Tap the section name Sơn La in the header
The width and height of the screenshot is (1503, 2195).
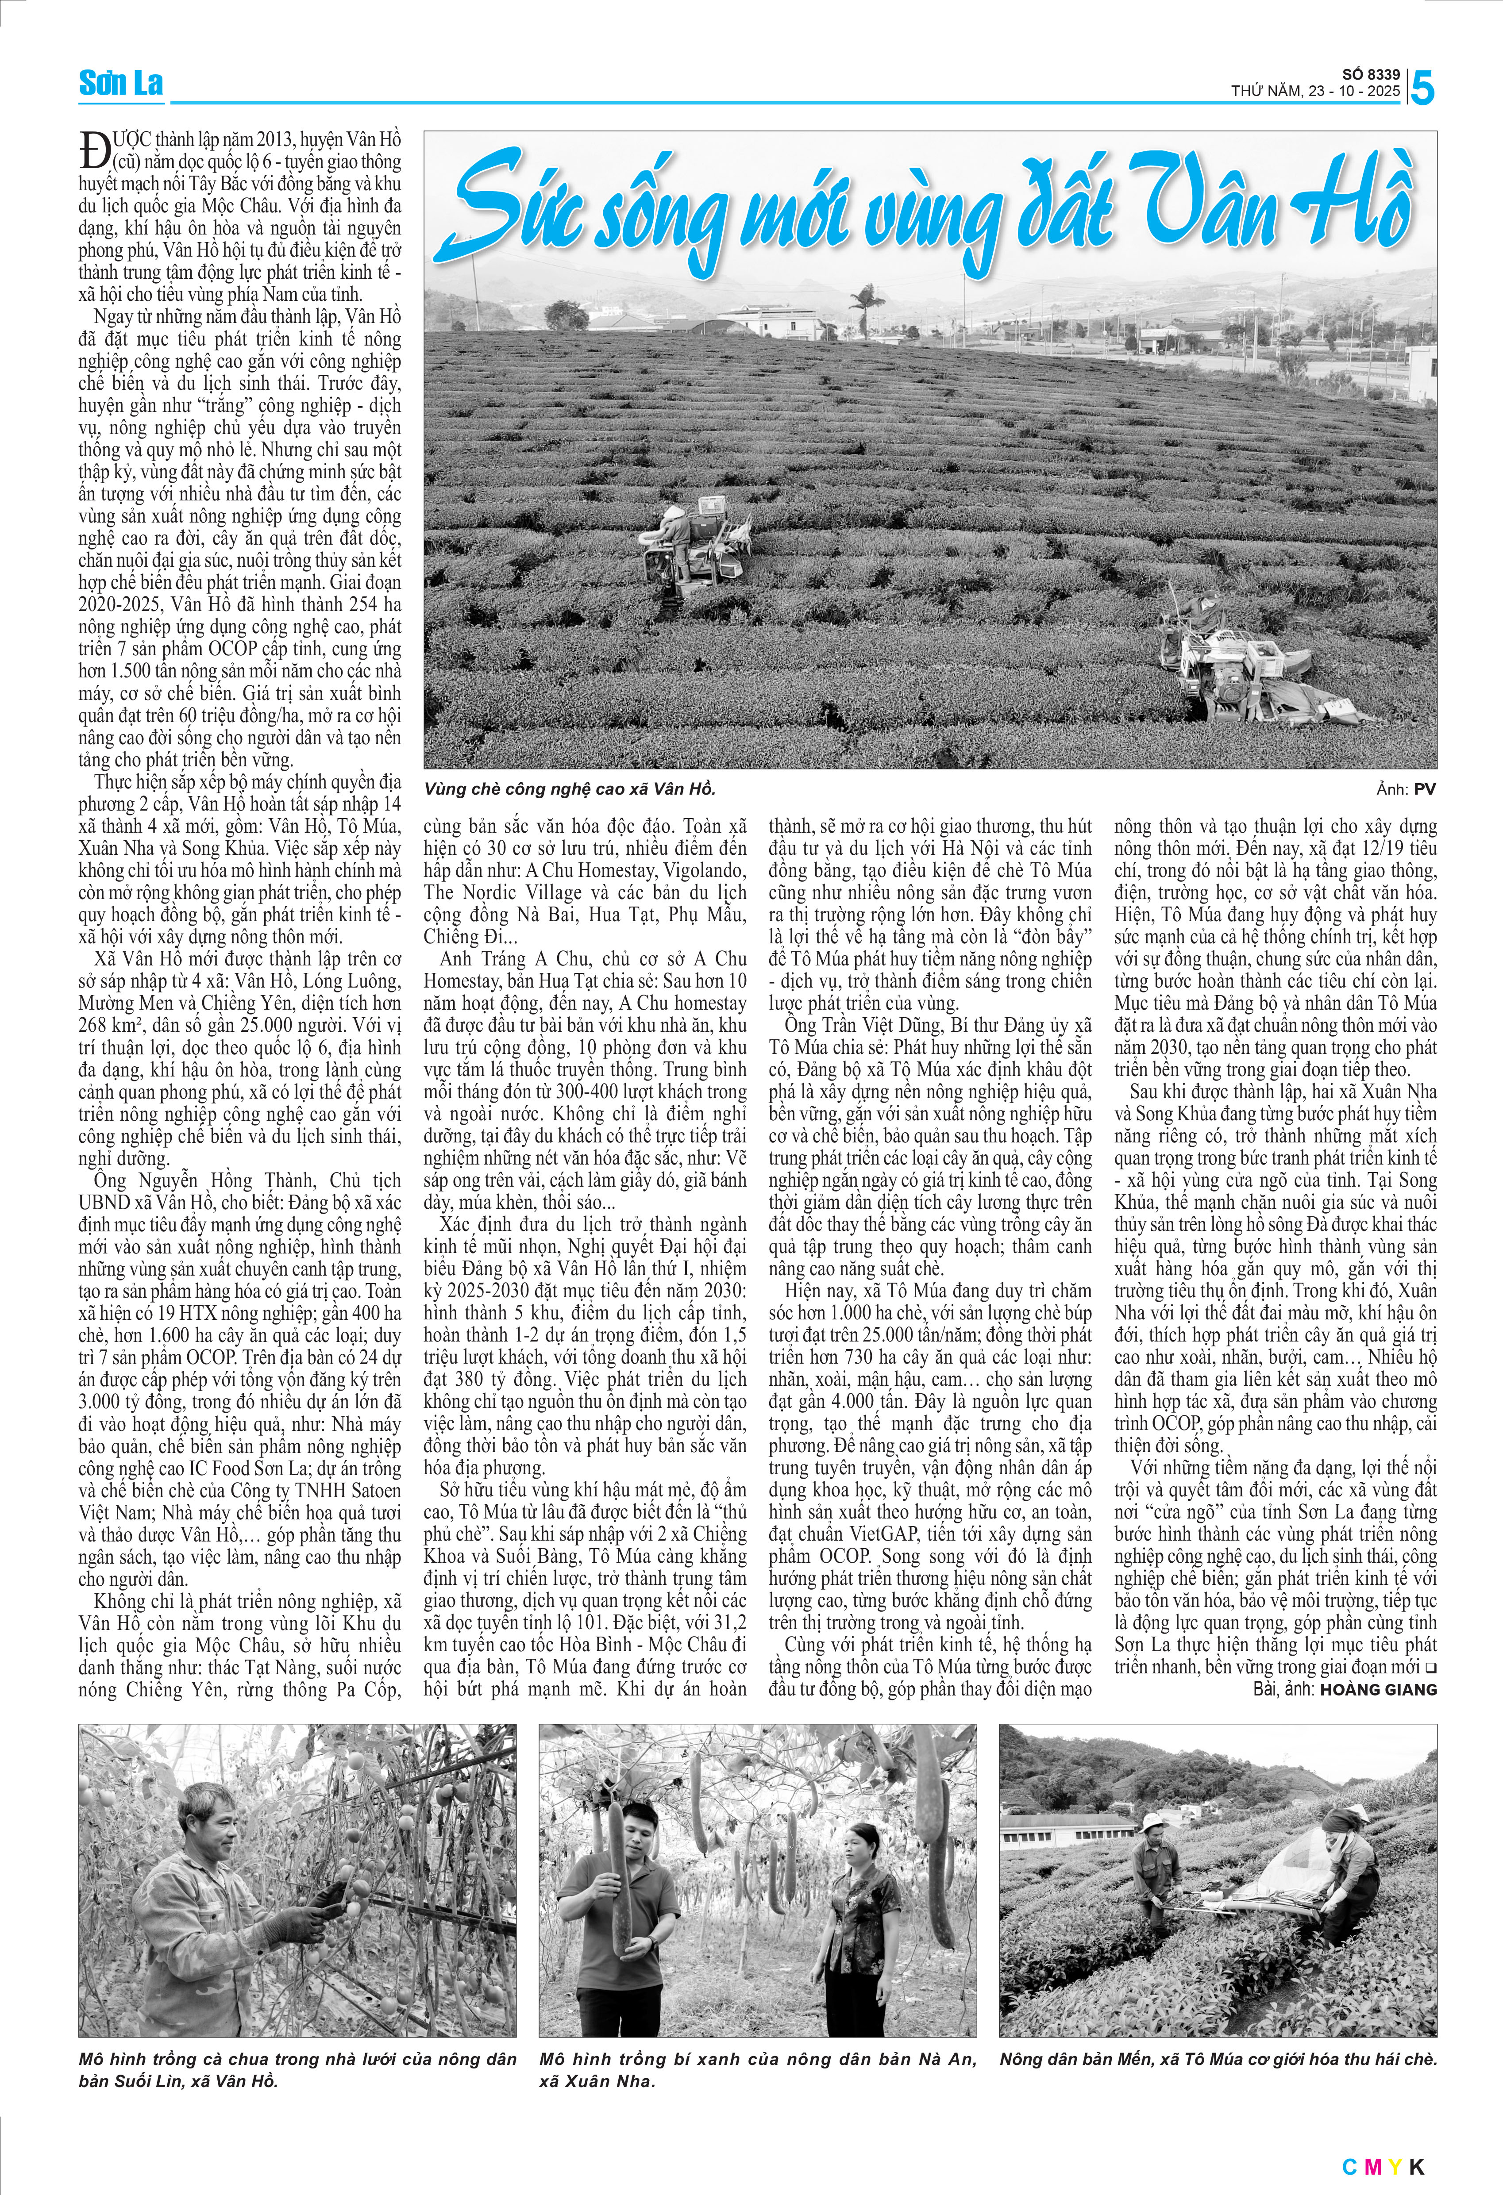(x=121, y=83)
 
